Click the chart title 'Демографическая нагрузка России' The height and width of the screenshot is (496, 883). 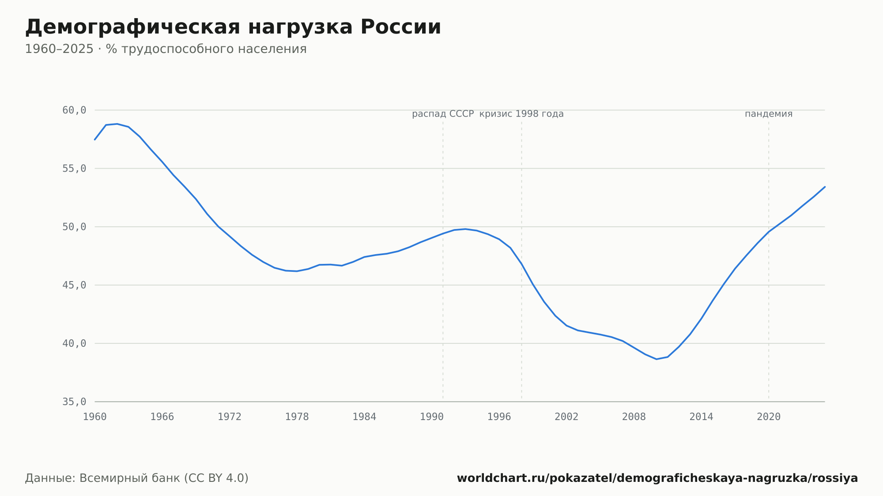coord(233,27)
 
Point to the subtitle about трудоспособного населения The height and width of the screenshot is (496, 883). coord(166,49)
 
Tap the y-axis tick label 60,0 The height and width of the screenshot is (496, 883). coord(74,110)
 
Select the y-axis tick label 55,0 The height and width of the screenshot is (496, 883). coord(74,169)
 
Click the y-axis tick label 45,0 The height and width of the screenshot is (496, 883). coord(74,285)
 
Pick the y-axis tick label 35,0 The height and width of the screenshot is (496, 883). coord(74,402)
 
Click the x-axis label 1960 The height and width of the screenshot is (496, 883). coord(95,417)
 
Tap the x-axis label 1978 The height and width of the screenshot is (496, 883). coord(297,417)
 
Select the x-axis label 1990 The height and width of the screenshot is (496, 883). coord(432,417)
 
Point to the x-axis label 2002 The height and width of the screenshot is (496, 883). coord(566,417)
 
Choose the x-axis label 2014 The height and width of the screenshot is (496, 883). coord(701,417)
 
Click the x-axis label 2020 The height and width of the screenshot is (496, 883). coord(769,417)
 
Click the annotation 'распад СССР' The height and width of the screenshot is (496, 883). coord(443,114)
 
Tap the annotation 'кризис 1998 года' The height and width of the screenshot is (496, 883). coord(521,114)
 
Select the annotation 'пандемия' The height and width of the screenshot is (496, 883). coord(769,114)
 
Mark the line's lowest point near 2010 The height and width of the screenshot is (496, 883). coord(656,359)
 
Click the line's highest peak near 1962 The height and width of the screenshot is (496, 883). coord(117,124)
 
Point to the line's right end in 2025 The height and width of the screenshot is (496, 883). coord(825,187)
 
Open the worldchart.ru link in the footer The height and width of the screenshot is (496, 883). coord(657,478)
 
